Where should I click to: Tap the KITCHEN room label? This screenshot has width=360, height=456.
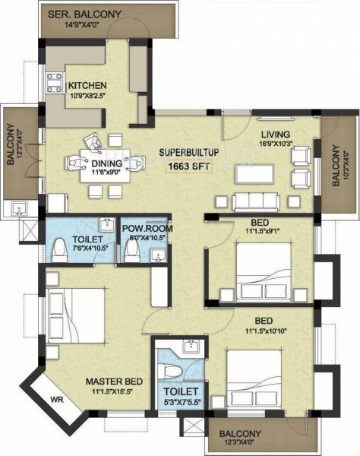87,85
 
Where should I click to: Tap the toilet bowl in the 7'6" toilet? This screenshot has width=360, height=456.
59,249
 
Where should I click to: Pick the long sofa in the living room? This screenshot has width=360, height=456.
254,201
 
